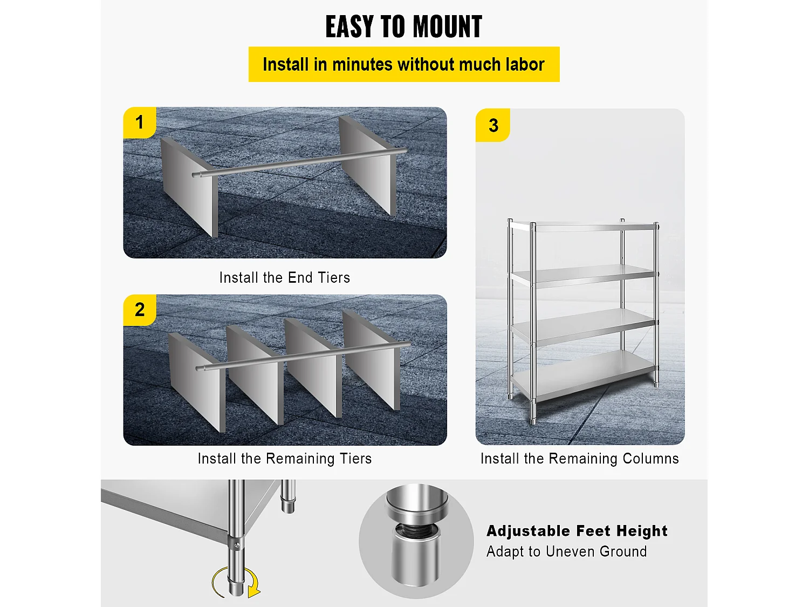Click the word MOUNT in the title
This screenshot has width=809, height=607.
[x=447, y=26]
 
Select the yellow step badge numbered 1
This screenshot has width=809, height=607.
[x=140, y=122]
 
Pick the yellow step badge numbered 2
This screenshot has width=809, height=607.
[x=140, y=310]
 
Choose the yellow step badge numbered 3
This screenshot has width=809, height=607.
[x=493, y=125]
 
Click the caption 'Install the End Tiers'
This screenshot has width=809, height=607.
[x=285, y=277]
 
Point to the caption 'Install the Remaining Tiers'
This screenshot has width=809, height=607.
[x=285, y=459]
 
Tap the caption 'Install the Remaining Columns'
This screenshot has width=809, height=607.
[x=580, y=459]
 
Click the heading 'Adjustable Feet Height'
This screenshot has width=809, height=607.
[x=577, y=531]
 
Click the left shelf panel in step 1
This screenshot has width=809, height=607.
[x=189, y=187]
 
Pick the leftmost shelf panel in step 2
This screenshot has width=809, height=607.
[x=196, y=383]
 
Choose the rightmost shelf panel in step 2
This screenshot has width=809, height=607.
[x=371, y=360]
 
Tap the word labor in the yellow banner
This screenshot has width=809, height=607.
[x=525, y=65]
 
